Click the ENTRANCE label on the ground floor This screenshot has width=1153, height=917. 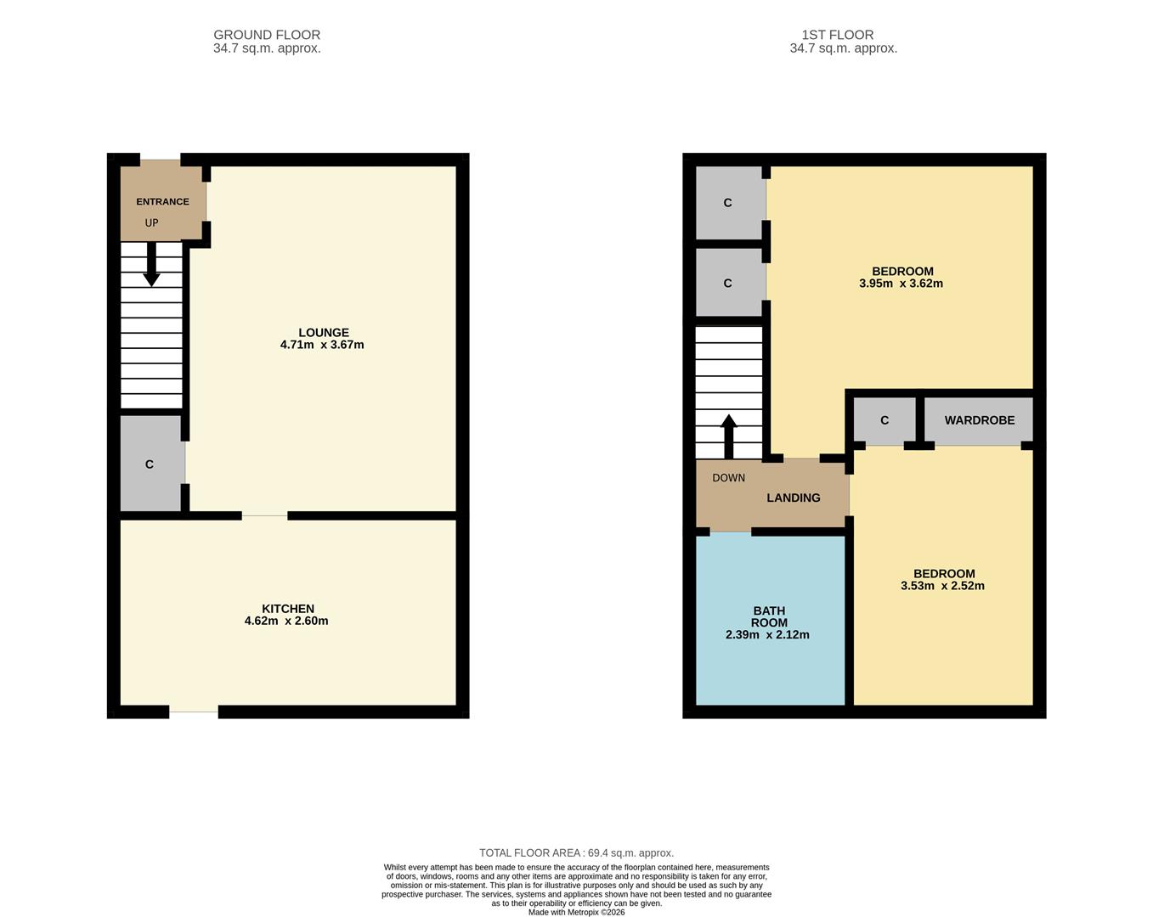162,202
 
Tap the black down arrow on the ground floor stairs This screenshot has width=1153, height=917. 151,266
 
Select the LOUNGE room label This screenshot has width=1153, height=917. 323,333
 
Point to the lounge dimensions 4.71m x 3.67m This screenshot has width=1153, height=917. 322,345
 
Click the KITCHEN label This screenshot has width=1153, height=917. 288,609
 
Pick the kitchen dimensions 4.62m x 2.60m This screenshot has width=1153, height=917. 286,621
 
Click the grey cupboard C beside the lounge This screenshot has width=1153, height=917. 150,464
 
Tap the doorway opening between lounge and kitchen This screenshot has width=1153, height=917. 264,515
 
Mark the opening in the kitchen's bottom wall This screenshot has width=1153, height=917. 194,712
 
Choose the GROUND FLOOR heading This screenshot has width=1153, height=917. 267,35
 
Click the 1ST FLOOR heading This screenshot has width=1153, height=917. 838,35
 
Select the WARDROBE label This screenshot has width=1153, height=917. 980,420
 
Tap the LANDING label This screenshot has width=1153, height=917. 794,498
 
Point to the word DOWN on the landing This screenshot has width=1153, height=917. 728,478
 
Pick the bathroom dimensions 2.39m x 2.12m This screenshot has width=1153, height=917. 767,634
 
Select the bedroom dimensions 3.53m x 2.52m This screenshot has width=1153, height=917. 942,586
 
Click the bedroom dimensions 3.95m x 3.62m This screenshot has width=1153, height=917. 901,284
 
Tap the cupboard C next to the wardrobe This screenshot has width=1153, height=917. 885,420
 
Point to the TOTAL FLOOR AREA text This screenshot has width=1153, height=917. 576,852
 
